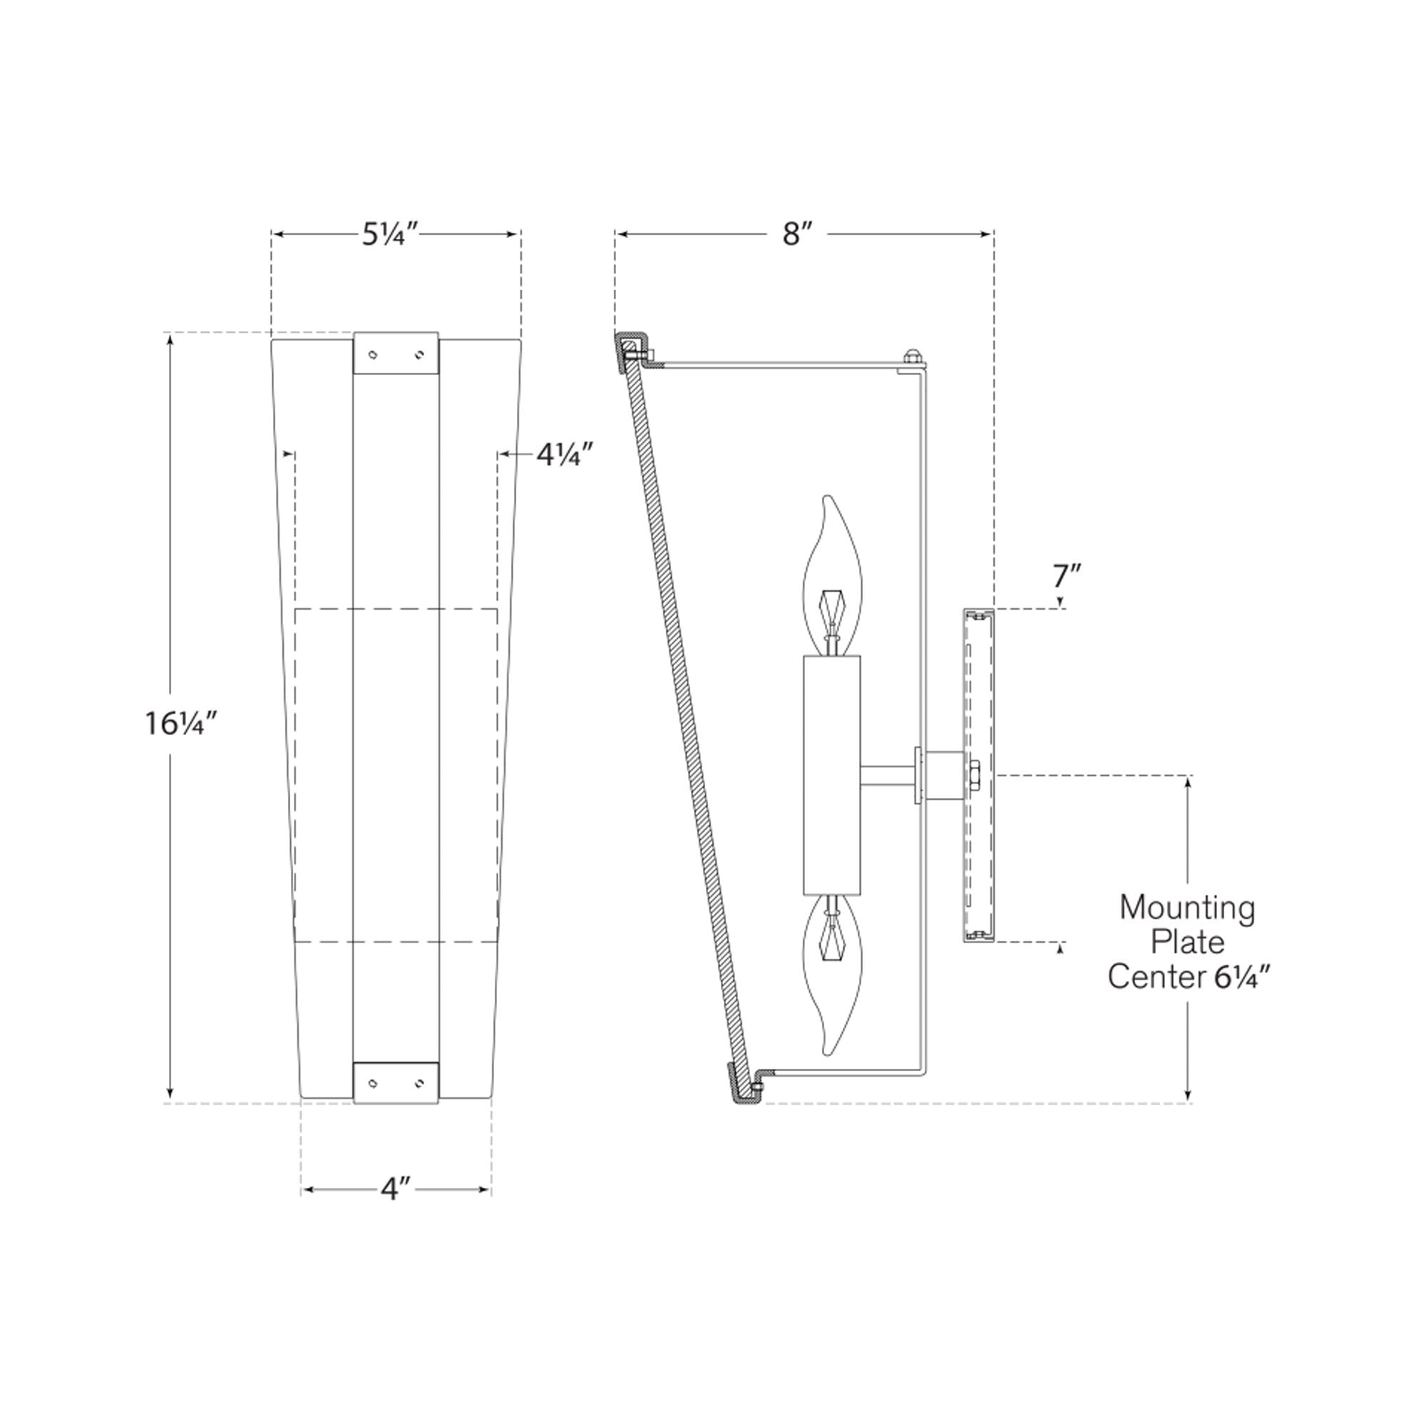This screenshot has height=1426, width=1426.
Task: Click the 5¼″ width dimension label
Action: tap(391, 234)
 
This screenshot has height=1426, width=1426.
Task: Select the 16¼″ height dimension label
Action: tap(181, 723)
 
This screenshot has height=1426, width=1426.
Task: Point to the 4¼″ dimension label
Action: tap(565, 454)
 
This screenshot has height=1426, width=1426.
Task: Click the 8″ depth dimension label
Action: tap(797, 234)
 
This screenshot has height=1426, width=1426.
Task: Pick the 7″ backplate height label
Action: tap(1067, 576)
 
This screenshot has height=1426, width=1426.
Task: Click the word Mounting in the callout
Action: tap(1187, 907)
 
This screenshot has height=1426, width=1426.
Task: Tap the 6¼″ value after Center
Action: tap(1243, 978)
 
